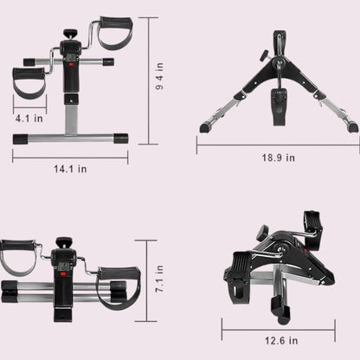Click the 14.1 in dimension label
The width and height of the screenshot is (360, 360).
70,169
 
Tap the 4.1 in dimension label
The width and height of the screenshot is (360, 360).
29,119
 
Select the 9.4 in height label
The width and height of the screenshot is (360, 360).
159,76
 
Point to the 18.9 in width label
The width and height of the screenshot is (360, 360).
279,157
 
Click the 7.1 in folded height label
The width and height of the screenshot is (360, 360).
159,279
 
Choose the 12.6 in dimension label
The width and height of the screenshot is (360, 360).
281,341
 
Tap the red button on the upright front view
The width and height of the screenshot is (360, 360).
71,64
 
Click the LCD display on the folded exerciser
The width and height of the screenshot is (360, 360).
63,267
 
